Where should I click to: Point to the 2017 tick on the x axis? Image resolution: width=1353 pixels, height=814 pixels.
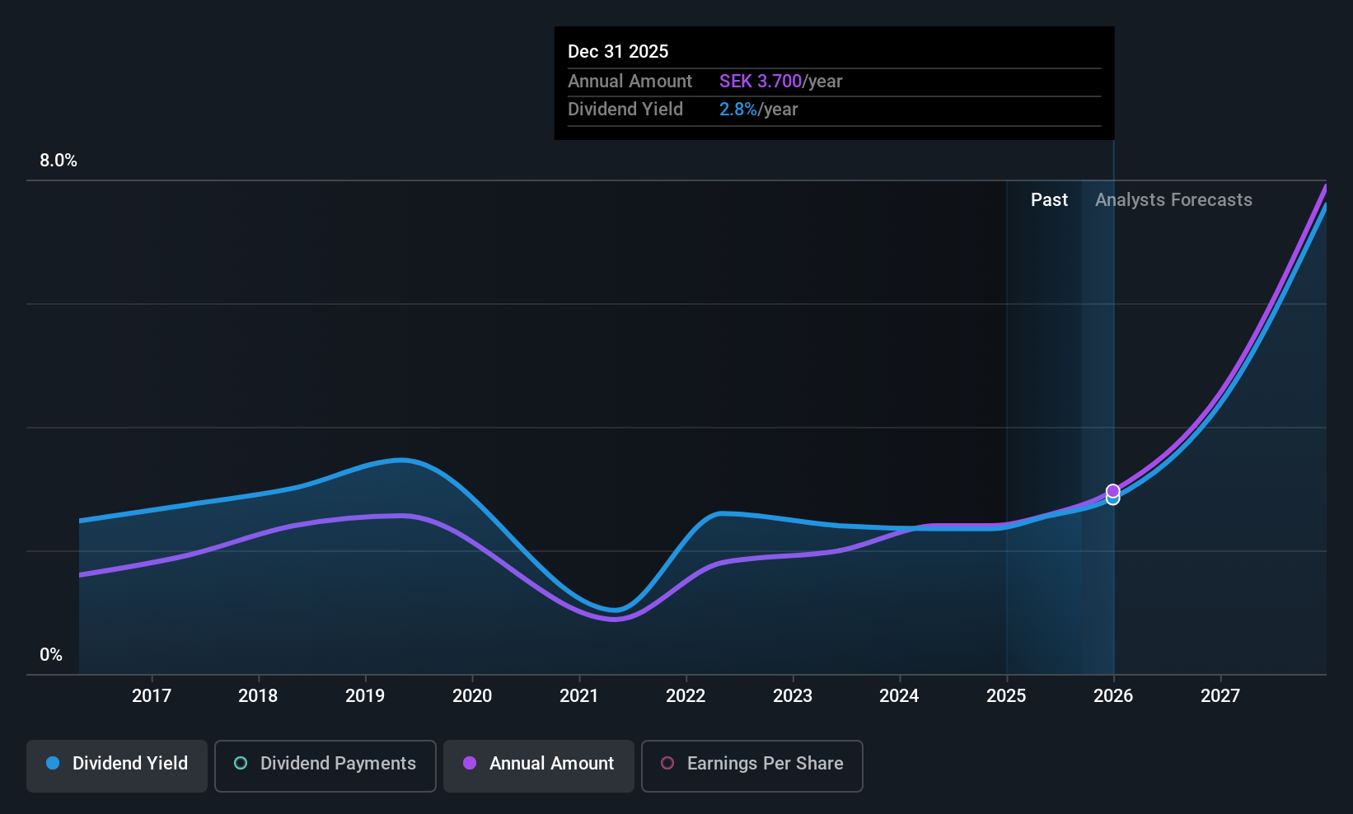click(152, 696)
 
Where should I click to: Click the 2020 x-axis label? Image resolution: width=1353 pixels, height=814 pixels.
click(472, 696)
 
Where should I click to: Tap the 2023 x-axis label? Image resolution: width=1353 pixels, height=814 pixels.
click(793, 696)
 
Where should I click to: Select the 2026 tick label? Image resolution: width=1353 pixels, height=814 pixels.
click(1113, 696)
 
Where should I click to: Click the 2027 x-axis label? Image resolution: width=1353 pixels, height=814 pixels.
click(1220, 696)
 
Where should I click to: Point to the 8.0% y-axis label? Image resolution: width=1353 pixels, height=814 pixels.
click(59, 161)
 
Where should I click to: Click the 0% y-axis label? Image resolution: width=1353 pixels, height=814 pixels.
click(51, 655)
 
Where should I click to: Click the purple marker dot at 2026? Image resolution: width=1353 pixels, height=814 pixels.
click(1113, 491)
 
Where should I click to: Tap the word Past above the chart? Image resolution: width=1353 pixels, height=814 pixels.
click(1049, 200)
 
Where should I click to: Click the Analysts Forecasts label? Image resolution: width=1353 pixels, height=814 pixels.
click(1173, 200)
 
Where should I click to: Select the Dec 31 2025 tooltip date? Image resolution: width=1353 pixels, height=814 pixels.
click(618, 52)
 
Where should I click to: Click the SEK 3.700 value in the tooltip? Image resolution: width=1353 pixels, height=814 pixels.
click(760, 82)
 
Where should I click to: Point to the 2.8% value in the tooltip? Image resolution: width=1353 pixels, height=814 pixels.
click(737, 110)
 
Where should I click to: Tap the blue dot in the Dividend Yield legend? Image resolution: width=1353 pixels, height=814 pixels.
click(53, 764)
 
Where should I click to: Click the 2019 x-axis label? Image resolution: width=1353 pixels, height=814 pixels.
click(365, 696)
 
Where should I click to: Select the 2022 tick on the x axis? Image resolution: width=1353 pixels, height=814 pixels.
click(686, 696)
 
